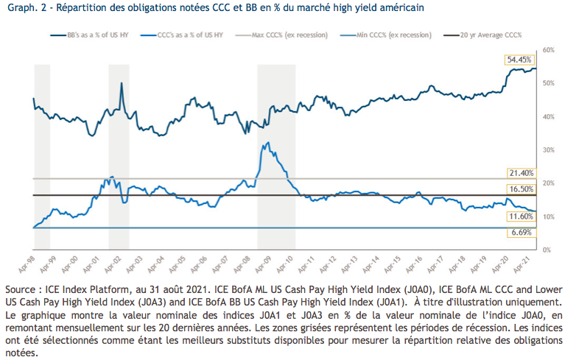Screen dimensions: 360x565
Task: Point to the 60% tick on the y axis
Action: pos(547,49)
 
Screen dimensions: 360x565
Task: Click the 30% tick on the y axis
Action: pos(547,149)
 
